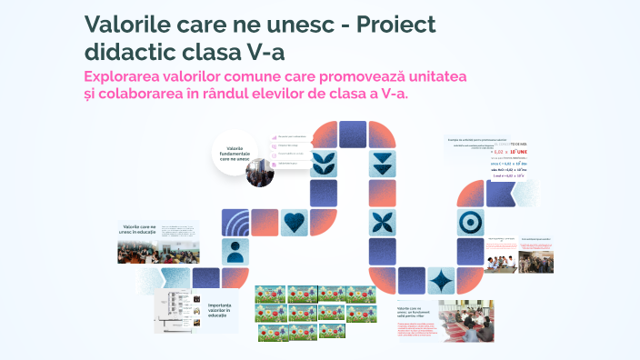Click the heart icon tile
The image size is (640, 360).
coord(294,222)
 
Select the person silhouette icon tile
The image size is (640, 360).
coord(235,250)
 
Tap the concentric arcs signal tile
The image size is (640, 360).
coord(235,222)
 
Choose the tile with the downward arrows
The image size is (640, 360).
coord(382,164)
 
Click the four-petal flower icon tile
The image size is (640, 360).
coord(382,221)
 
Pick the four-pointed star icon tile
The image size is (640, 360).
coord(441,280)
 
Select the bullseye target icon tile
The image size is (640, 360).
coord(470,221)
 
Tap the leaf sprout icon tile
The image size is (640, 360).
coord(323,164)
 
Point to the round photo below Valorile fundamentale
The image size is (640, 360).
coord(260,172)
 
